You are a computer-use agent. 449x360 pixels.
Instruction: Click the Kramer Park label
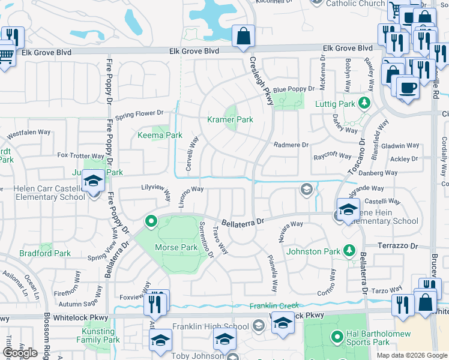230,119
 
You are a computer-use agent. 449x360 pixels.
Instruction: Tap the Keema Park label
160,135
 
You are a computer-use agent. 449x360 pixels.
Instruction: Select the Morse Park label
176,247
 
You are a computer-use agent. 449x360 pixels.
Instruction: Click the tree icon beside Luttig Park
363,103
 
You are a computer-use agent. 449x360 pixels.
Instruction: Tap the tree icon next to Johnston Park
348,251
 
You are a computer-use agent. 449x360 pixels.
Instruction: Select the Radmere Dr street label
291,145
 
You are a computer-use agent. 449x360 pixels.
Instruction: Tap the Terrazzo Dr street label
397,246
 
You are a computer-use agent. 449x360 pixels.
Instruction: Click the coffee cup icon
408,87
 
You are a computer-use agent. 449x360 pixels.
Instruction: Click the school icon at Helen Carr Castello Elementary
94,181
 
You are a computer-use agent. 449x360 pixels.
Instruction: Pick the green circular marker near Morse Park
151,221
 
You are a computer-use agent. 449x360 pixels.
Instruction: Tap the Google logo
19,352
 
